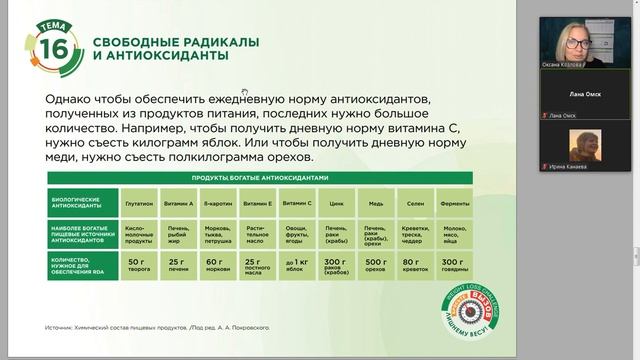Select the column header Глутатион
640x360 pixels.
tap(137, 203)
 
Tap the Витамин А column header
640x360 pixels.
tap(177, 203)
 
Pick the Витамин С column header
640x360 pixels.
tap(296, 203)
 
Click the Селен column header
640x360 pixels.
tap(414, 203)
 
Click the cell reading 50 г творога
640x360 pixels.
tap(137, 264)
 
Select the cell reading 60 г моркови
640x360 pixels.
tap(216, 264)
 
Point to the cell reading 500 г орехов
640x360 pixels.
tap(375, 264)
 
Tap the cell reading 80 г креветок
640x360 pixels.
tap(414, 264)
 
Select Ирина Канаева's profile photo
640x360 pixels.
tap(583, 145)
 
